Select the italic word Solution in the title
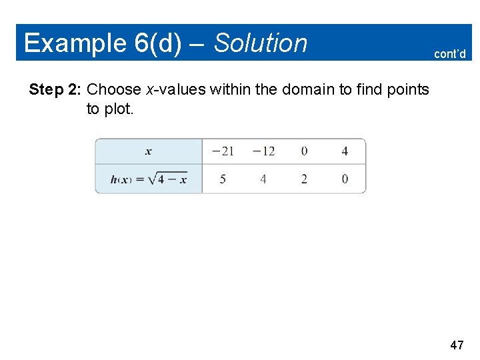click(x=261, y=43)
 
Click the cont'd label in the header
click(x=450, y=54)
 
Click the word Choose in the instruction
click(x=114, y=89)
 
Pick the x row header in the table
click(x=148, y=151)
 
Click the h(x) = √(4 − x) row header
click(x=149, y=179)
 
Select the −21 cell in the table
click(x=223, y=151)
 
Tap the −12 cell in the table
click(x=263, y=151)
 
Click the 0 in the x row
click(x=304, y=151)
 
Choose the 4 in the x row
click(x=345, y=151)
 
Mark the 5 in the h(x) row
click(x=223, y=179)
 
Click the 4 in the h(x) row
click(x=263, y=179)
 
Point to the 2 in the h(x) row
click(x=304, y=179)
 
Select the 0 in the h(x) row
click(x=345, y=179)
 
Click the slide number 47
click(x=457, y=345)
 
